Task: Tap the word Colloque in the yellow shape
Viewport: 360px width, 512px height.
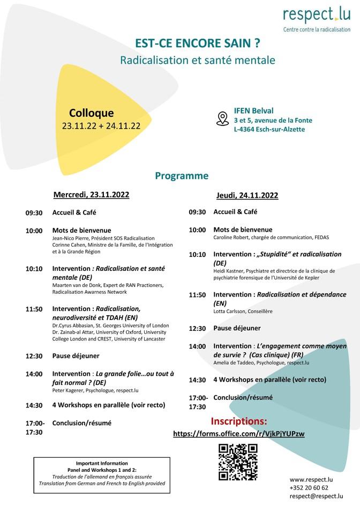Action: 92,113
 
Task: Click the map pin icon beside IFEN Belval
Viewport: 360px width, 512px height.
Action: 222,118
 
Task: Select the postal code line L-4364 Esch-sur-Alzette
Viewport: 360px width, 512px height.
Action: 269,129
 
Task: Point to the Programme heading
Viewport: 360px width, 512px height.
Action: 182,176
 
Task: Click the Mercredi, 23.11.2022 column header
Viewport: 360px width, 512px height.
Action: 91,195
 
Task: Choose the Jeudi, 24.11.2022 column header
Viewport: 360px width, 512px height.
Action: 247,195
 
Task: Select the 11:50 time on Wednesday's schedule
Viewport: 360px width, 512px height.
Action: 34,309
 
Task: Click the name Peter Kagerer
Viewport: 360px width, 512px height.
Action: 68,391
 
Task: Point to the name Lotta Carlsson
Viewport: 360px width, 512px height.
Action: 231,311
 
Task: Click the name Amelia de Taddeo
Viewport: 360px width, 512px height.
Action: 234,363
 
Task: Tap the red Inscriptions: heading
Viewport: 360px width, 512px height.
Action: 238,421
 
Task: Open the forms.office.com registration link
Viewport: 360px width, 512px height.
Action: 238,434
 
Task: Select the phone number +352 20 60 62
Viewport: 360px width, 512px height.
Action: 309,488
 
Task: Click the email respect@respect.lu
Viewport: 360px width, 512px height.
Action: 316,496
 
